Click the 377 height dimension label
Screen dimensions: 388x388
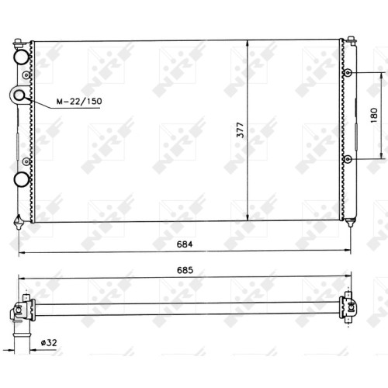(x=241, y=130)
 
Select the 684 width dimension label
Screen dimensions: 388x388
(x=185, y=244)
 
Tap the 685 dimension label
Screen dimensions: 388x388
(x=185, y=270)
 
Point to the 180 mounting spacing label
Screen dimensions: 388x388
(x=374, y=116)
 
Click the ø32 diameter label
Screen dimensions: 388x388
(x=49, y=343)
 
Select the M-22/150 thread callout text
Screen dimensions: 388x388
(x=79, y=101)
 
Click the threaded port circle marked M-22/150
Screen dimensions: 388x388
(x=19, y=95)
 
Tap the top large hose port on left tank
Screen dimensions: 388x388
(x=21, y=57)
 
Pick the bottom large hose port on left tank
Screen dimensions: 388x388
(x=21, y=179)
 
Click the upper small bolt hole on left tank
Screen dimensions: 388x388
(x=26, y=75)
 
